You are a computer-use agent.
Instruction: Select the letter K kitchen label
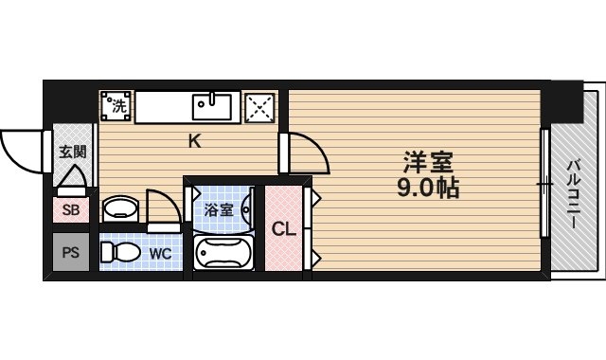(x=193, y=142)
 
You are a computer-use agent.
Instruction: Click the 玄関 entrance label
(x=72, y=151)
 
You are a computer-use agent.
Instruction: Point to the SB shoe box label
(x=71, y=210)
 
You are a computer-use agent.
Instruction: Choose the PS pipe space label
(x=71, y=253)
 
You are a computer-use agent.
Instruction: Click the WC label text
(x=159, y=253)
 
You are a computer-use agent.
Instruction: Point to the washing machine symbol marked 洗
(x=117, y=106)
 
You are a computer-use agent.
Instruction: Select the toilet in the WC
(x=117, y=253)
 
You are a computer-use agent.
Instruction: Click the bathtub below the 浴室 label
(x=223, y=253)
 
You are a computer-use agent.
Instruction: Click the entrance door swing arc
(x=21, y=151)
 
